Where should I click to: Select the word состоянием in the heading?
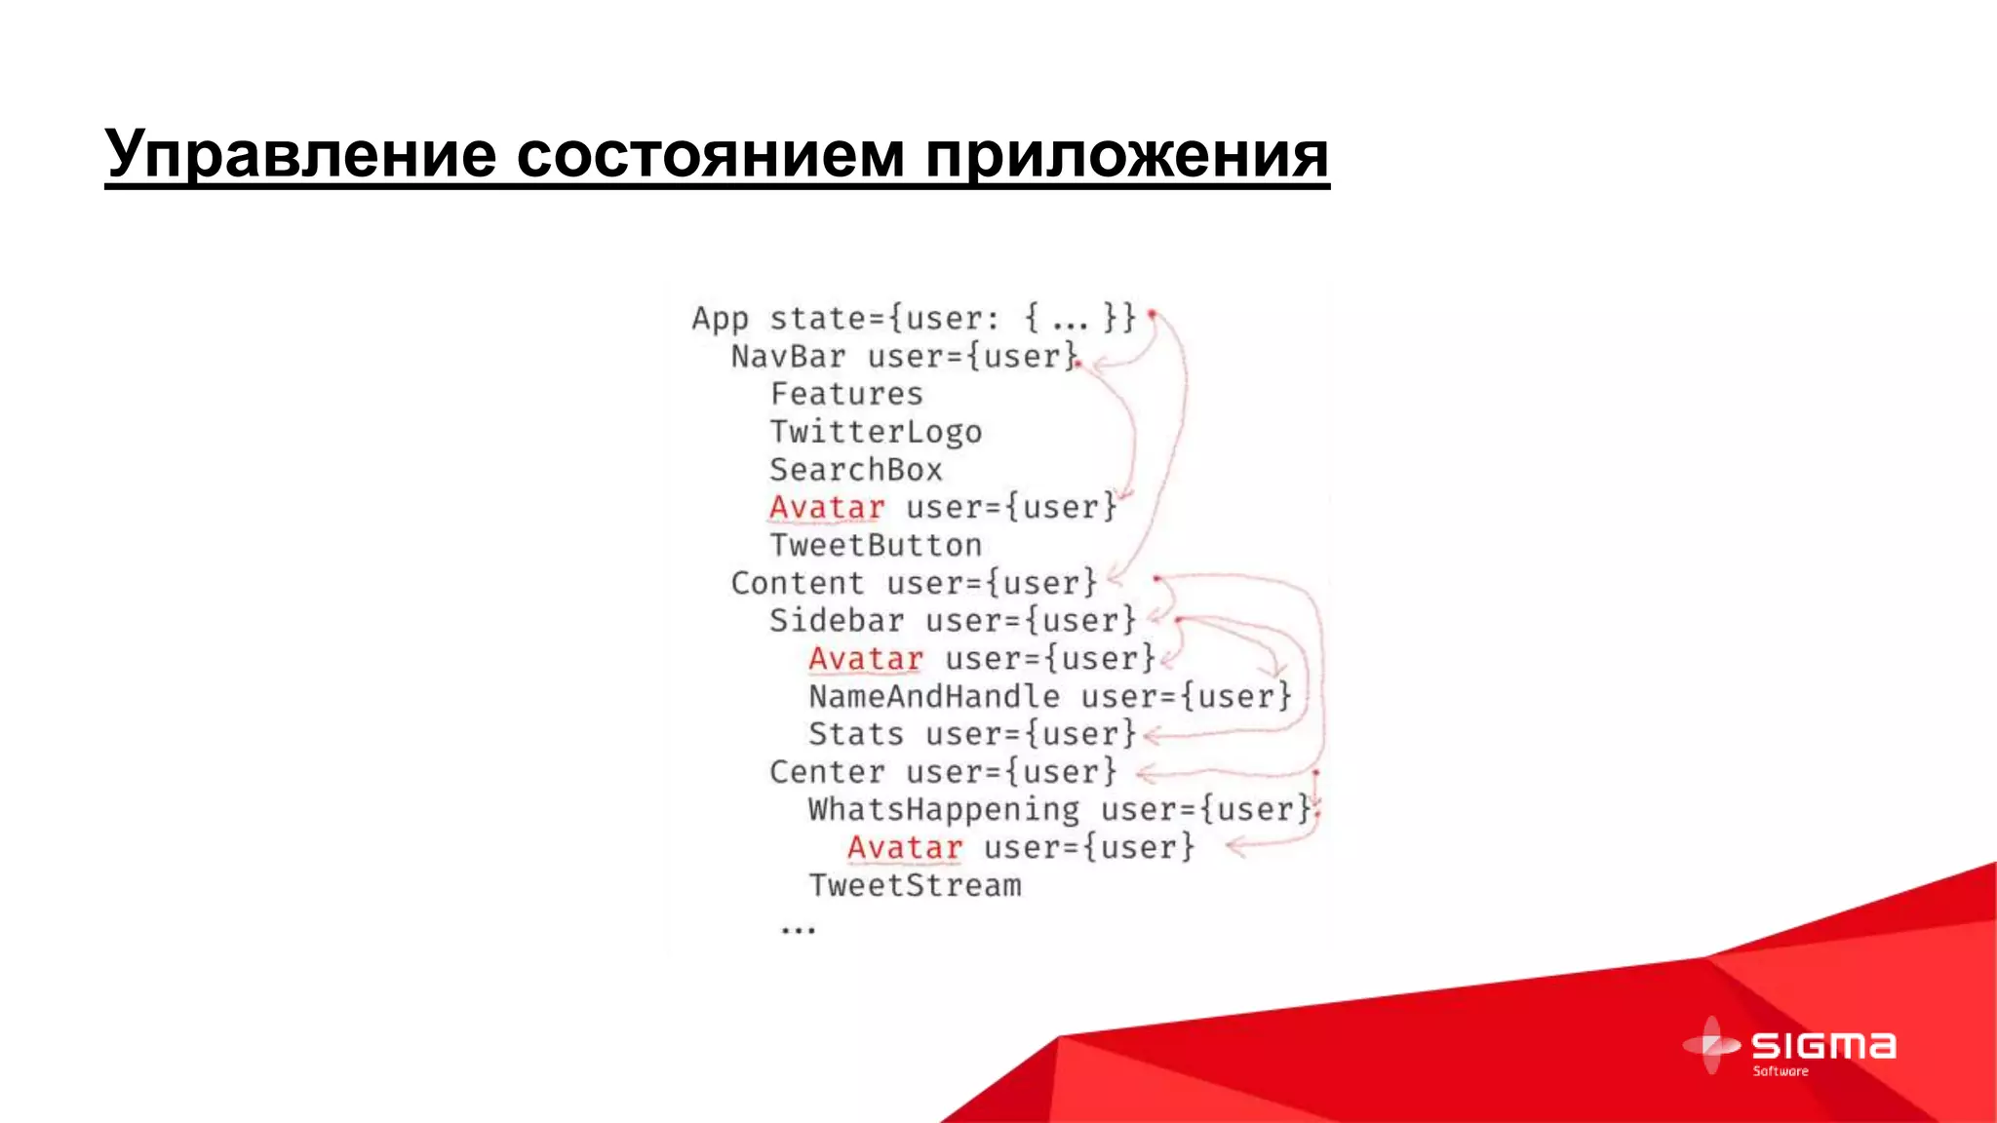pyautogui.click(x=710, y=154)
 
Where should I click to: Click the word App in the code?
pyautogui.click(x=720, y=320)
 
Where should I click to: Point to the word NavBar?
pyautogui.click(x=788, y=357)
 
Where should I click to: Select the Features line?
pyautogui.click(x=846, y=394)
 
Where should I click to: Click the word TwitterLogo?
pyautogui.click(x=876, y=432)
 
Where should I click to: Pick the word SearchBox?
pyautogui.click(x=856, y=470)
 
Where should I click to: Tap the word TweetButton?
pyautogui.click(x=876, y=545)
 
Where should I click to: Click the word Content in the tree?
pyautogui.click(x=798, y=583)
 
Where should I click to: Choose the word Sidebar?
pyautogui.click(x=837, y=621)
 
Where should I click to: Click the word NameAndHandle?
pyautogui.click(x=933, y=696)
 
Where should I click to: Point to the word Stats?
pyautogui.click(x=856, y=734)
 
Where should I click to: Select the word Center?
pyautogui.click(x=827, y=772)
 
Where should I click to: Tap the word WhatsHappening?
pyautogui.click(x=943, y=810)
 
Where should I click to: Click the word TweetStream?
pyautogui.click(x=915, y=885)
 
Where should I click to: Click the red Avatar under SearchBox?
pyautogui.click(x=827, y=508)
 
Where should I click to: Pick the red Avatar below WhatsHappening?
pyautogui.click(x=905, y=848)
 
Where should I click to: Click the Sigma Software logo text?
pyautogui.click(x=1822, y=1048)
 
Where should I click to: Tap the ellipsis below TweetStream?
pyautogui.click(x=798, y=930)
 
